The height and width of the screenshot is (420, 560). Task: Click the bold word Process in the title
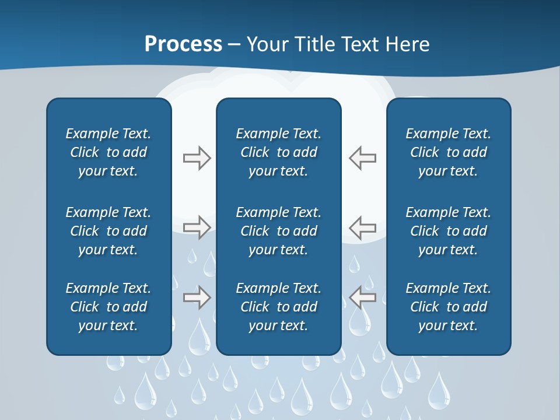(183, 44)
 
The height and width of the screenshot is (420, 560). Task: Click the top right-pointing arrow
(197, 158)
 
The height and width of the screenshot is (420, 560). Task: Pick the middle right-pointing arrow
(197, 227)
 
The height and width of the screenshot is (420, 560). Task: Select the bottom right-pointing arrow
(197, 297)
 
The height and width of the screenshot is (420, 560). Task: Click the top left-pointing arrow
(362, 158)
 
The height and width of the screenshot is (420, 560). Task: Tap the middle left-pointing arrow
(362, 227)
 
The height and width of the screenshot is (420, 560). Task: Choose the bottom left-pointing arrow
(362, 297)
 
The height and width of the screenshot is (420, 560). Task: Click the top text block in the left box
(108, 152)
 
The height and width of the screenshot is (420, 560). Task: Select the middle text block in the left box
(108, 231)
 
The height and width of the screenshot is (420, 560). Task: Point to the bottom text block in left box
(108, 307)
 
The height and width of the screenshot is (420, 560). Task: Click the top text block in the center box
(278, 152)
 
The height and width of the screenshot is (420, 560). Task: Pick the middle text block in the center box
(278, 231)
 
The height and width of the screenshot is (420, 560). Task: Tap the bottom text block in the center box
(278, 307)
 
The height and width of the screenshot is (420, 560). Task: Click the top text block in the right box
(448, 152)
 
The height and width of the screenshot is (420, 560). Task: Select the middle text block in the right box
(448, 231)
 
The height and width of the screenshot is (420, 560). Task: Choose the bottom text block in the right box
(448, 307)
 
